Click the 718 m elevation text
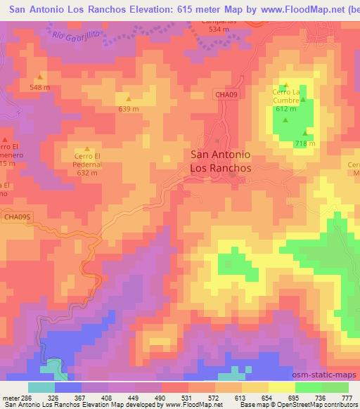pos(304,144)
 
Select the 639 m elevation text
pos(128,109)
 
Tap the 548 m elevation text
pos(40,87)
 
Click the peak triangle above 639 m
pos(128,98)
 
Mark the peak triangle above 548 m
pos(40,77)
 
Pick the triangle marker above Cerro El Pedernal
pos(87,149)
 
